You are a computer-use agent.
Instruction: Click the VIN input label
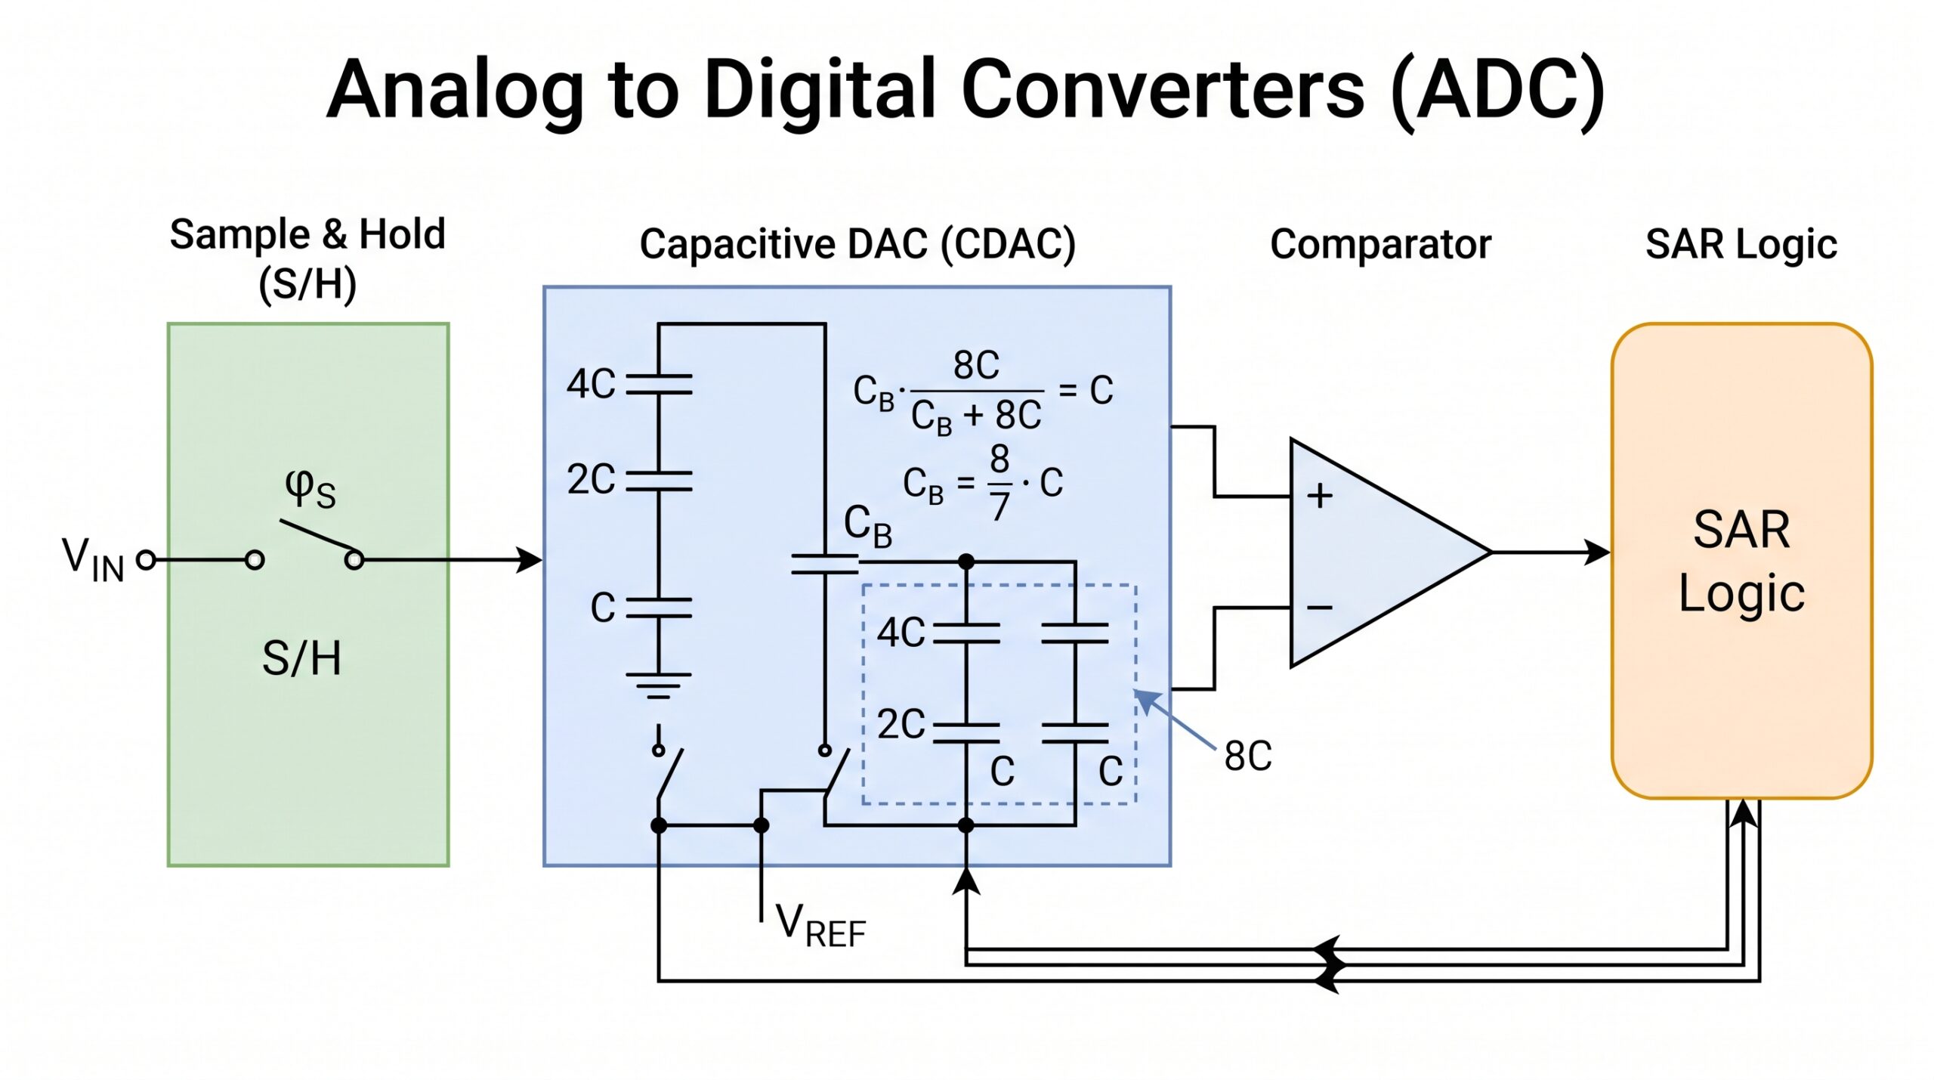pyautogui.click(x=93, y=559)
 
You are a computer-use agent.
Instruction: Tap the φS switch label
pyautogui.click(x=310, y=489)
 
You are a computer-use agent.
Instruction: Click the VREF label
pyautogui.click(x=820, y=925)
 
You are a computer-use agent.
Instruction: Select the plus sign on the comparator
pyautogui.click(x=1320, y=496)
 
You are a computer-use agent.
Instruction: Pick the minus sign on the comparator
pyautogui.click(x=1320, y=608)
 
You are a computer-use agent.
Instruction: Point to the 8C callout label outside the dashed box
pyautogui.click(x=1248, y=756)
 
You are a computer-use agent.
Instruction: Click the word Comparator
pyautogui.click(x=1381, y=244)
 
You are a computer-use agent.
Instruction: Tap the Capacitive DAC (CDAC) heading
pyautogui.click(x=857, y=244)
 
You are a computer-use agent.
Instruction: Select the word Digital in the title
pyautogui.click(x=823, y=89)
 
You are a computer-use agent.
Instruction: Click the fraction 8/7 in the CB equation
pyautogui.click(x=999, y=482)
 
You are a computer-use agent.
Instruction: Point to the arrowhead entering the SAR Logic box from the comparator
pyautogui.click(x=1597, y=552)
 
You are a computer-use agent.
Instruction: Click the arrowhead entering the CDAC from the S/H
pyautogui.click(x=529, y=560)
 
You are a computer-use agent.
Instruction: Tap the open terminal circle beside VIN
pyautogui.click(x=147, y=560)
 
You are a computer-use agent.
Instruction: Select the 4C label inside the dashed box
pyautogui.click(x=901, y=633)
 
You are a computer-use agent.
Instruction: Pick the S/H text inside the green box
pyautogui.click(x=301, y=658)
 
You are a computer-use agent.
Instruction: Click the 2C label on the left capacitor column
pyautogui.click(x=592, y=479)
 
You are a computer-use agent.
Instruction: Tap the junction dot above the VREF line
pyautogui.click(x=762, y=825)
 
